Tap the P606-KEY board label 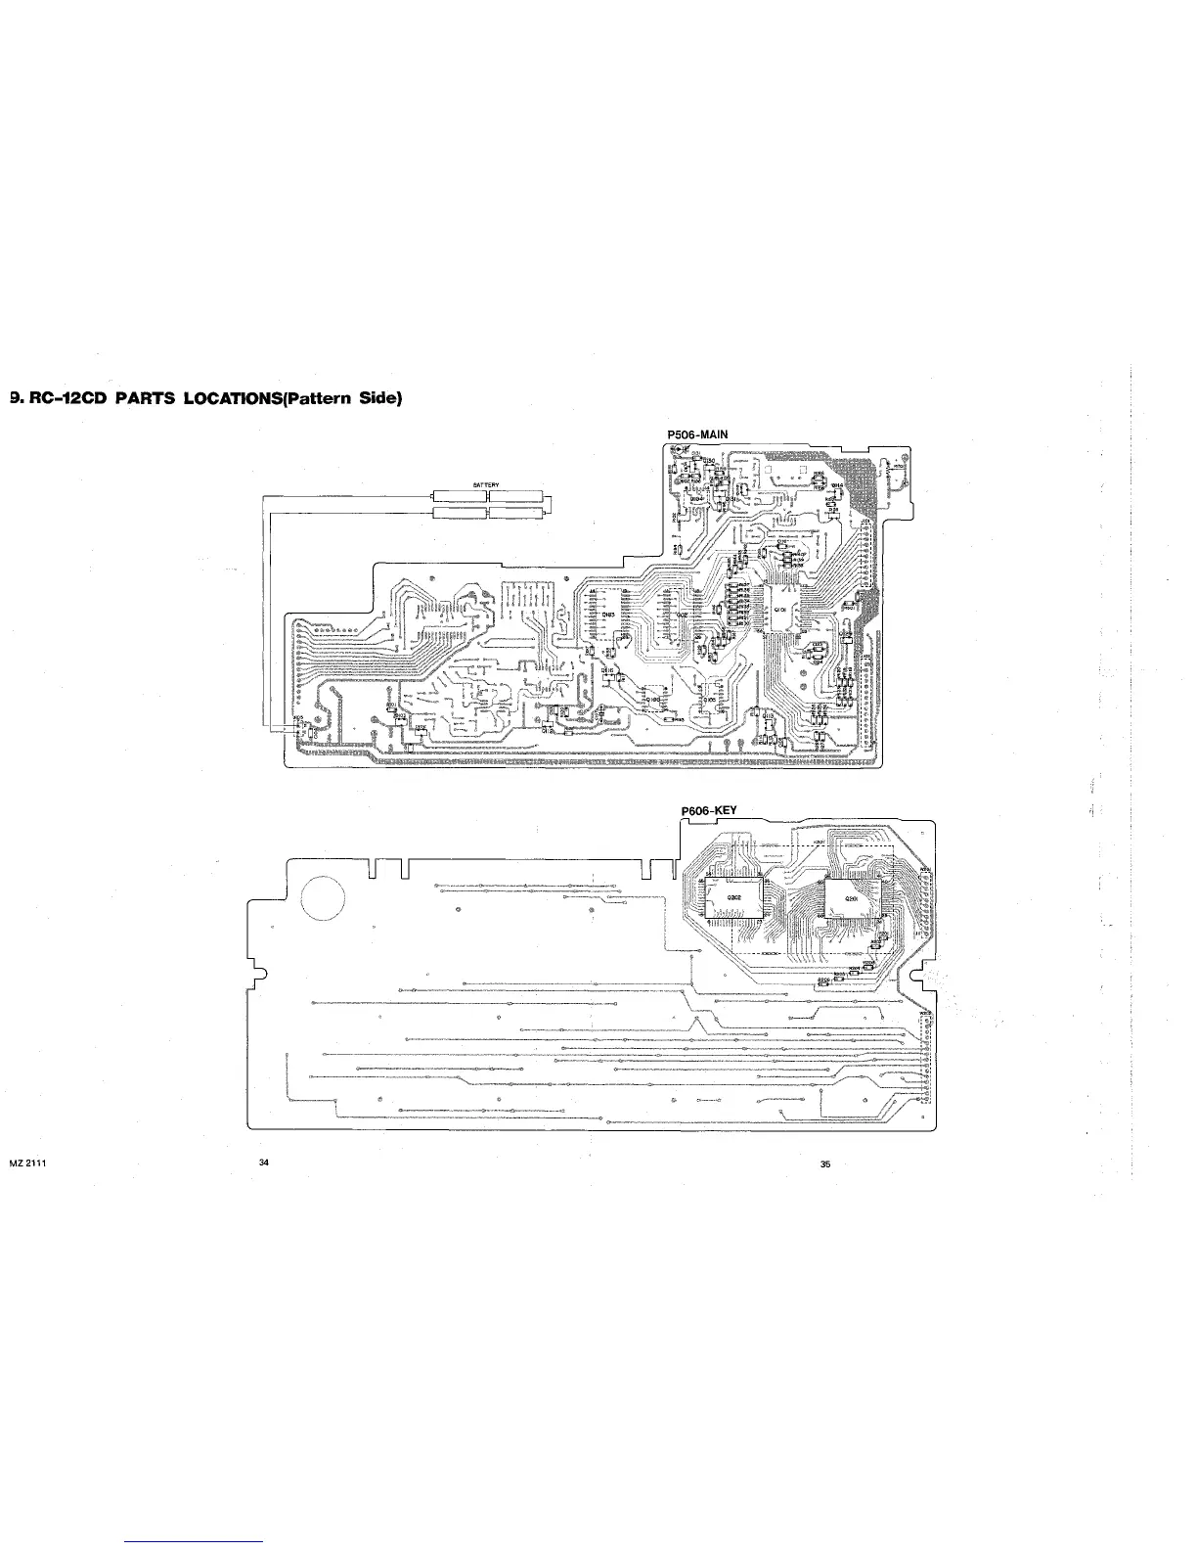pyautogui.click(x=707, y=810)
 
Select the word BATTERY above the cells pyautogui.click(x=486, y=484)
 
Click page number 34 pyautogui.click(x=263, y=1162)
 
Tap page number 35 pyautogui.click(x=825, y=1164)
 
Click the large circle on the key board pyautogui.click(x=323, y=894)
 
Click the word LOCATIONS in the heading pyautogui.click(x=223, y=398)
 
